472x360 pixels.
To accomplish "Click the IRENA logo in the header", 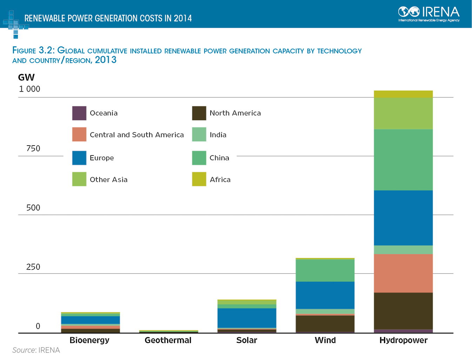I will coord(428,14).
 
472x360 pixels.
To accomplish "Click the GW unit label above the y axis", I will coord(26,78).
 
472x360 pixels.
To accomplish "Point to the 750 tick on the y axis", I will coord(33,148).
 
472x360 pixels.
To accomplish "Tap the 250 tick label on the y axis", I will coord(33,267).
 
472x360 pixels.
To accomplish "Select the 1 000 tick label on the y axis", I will coord(29,89).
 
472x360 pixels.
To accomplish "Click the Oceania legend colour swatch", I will coord(79,113).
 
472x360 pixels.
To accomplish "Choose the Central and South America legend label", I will coord(137,135).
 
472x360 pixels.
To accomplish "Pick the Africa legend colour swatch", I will coord(199,179).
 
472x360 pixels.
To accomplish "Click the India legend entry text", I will coord(218,135).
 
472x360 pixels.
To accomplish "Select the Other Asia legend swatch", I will coord(79,179).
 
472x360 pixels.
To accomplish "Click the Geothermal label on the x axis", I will coord(168,340).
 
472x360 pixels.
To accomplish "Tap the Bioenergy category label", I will coord(89,340).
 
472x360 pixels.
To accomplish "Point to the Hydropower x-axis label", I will coord(403,340).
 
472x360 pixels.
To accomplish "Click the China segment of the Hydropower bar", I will coord(403,160).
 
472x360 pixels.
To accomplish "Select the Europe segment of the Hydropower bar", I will coord(403,218).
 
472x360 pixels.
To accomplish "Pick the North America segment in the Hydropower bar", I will coord(403,311).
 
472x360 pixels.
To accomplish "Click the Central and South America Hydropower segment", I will coord(403,273).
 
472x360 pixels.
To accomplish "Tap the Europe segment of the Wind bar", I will coord(325,295).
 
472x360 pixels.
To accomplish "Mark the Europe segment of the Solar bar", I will coord(247,318).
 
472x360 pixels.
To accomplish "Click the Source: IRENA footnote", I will coord(36,350).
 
